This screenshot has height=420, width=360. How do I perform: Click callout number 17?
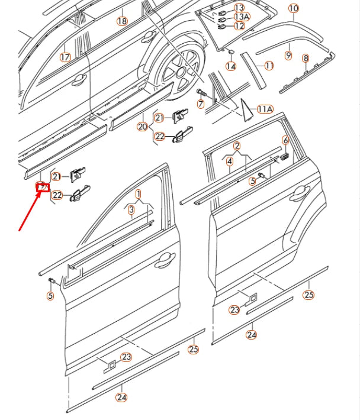[x=65, y=57]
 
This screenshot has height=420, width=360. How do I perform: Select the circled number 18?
[x=122, y=21]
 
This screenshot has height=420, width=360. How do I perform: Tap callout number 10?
[x=294, y=9]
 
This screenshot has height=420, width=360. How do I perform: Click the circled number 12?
[x=239, y=26]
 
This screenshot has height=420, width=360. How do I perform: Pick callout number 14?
[x=231, y=66]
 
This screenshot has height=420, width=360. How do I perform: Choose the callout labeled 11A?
[x=265, y=109]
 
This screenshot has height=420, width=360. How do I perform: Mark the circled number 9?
[x=288, y=55]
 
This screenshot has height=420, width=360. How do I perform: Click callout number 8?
[x=306, y=58]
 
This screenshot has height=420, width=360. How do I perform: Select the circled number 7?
[x=201, y=104]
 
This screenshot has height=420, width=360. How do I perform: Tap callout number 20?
[x=142, y=127]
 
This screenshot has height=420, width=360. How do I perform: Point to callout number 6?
[x=285, y=140]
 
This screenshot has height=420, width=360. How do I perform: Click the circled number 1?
[x=139, y=194]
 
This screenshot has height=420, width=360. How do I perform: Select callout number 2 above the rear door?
[x=237, y=146]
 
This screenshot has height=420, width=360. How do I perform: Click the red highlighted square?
[x=42, y=188]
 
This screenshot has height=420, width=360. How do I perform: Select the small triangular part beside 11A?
[x=246, y=109]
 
